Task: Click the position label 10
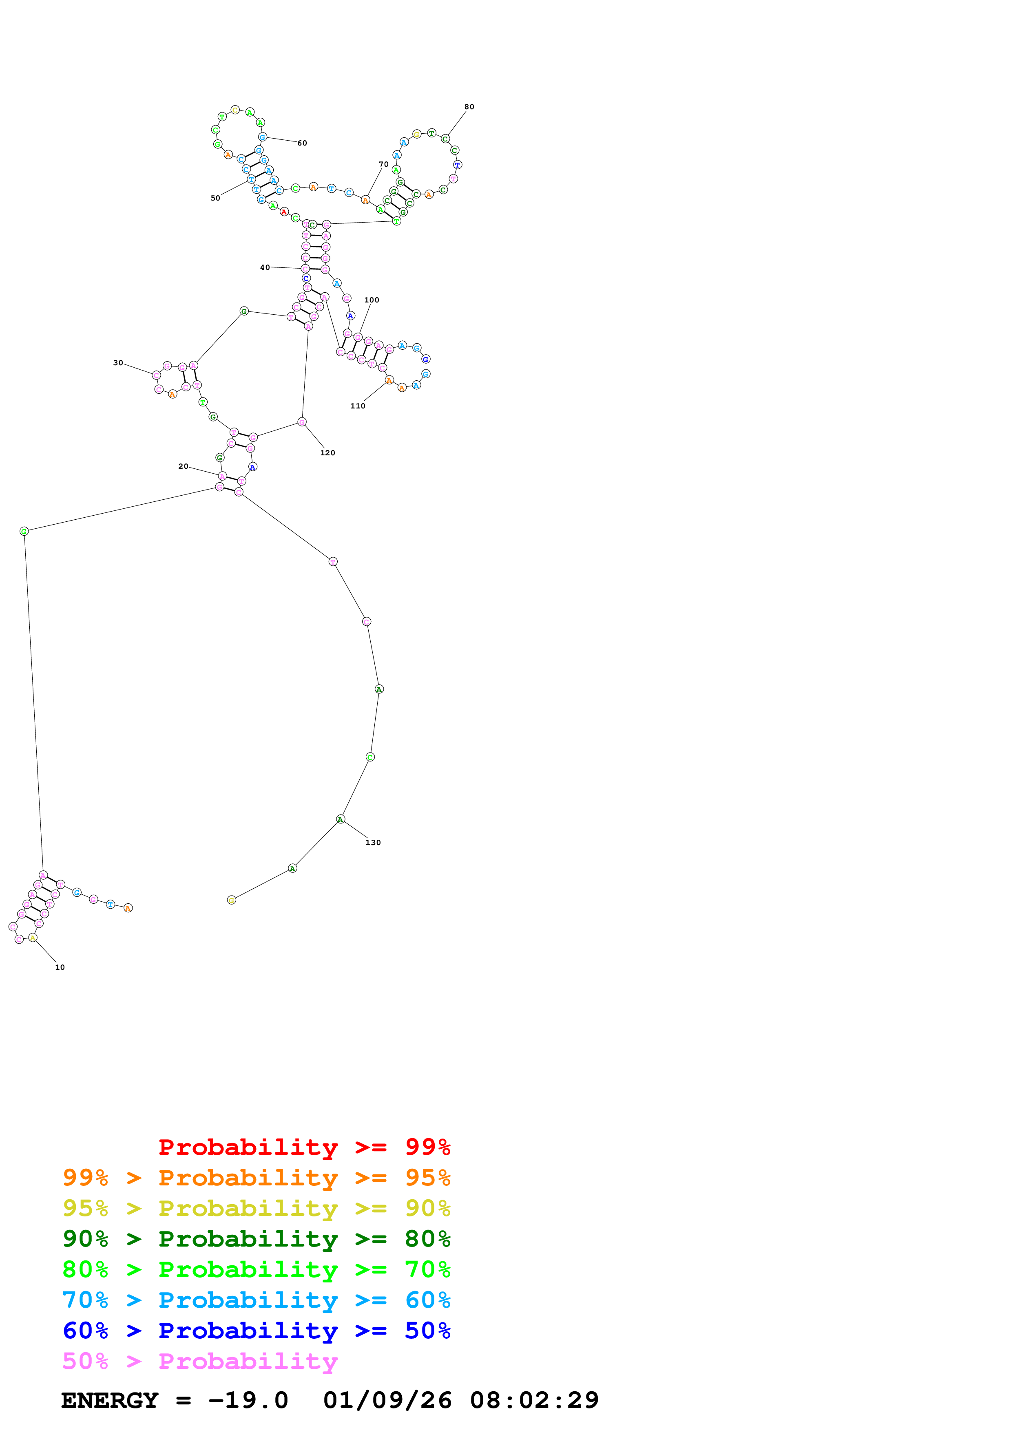60,967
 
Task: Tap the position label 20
183,466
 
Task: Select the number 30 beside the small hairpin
118,362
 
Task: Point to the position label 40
265,267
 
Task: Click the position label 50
215,198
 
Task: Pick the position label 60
302,143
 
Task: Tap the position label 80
469,106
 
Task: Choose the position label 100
372,300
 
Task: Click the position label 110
358,406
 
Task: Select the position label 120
327,453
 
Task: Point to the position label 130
373,843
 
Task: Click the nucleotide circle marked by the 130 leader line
340,819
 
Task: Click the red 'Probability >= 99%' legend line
305,1147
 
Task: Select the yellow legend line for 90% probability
257,1208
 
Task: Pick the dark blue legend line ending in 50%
257,1331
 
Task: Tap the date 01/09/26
387,1400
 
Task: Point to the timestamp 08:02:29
535,1400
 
